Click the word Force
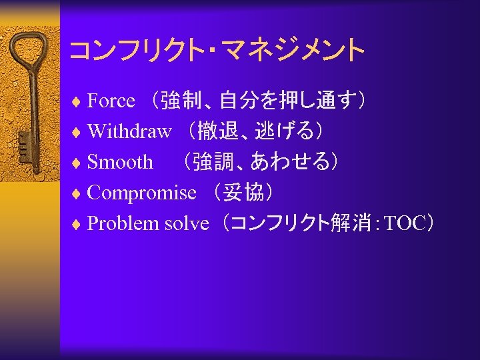[x=111, y=101]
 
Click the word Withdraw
[x=129, y=131]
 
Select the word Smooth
[x=120, y=162]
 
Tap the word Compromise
[x=141, y=193]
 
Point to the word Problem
[x=115, y=224]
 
